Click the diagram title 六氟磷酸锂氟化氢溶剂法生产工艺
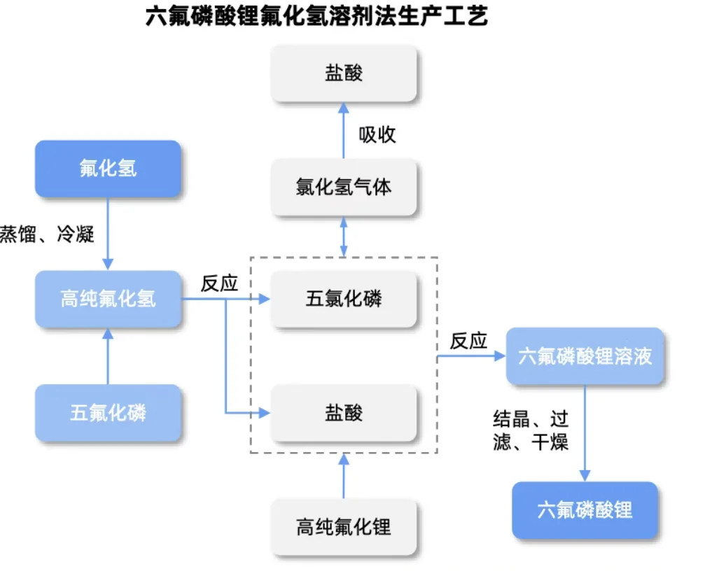316,16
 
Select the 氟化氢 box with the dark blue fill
108,169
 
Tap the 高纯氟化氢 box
108,299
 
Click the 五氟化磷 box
108,413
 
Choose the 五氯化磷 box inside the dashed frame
344,299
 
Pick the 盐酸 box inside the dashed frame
344,413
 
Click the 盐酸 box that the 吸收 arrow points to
344,73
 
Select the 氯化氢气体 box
344,188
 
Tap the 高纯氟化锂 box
344,527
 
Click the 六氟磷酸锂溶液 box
585,356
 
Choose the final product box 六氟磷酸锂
585,510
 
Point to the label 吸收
377,134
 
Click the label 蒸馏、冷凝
47,234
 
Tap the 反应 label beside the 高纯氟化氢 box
220,283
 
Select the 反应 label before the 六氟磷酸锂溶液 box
468,341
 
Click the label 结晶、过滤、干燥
531,430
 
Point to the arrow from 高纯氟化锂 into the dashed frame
344,476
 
